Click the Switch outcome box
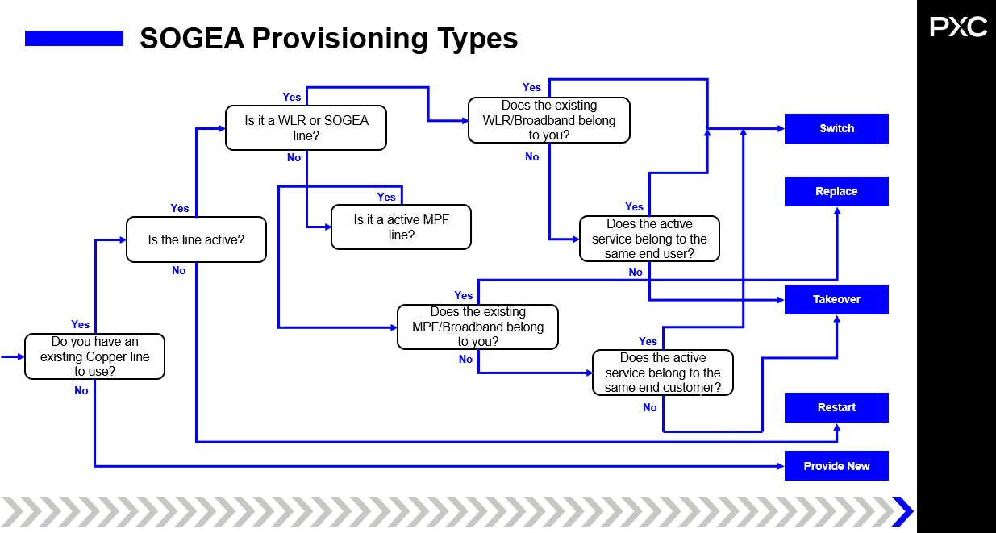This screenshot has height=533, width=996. [x=836, y=129]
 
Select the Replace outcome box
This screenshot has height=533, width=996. [x=836, y=192]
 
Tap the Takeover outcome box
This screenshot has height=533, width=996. [x=836, y=300]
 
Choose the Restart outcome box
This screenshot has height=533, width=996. [x=836, y=408]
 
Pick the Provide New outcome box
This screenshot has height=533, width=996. [x=836, y=466]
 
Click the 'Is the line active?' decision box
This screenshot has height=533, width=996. [x=196, y=239]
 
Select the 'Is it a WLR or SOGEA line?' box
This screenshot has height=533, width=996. [x=306, y=128]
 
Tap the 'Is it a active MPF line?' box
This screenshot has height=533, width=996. [x=401, y=227]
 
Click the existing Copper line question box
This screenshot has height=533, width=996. [x=94, y=356]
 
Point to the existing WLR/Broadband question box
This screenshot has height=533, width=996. [x=548, y=120]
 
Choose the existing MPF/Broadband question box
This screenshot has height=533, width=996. [x=477, y=327]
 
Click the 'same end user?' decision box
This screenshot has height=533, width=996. [x=648, y=239]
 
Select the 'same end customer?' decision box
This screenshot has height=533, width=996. [x=662, y=373]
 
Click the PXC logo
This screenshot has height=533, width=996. [x=958, y=27]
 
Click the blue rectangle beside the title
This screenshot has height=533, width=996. [x=74, y=38]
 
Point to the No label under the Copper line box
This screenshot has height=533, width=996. [x=81, y=391]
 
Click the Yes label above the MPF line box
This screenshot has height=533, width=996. [x=386, y=198]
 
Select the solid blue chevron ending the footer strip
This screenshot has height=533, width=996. [x=903, y=511]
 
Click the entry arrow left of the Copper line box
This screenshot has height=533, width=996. [x=11, y=356]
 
